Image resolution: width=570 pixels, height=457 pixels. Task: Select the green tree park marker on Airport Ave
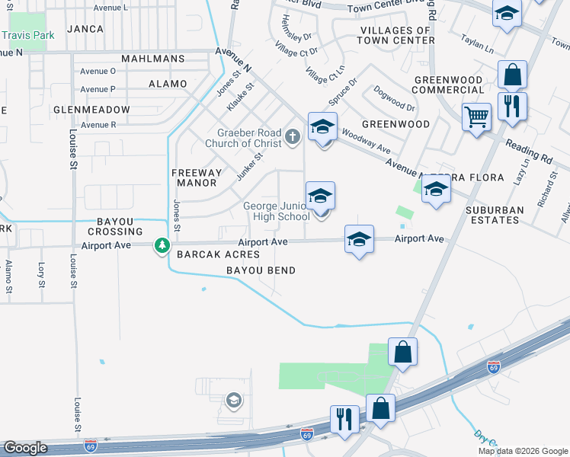point(162,245)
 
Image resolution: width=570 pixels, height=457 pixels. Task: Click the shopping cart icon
point(476,117)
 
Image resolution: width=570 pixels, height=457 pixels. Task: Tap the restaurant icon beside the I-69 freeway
point(344,417)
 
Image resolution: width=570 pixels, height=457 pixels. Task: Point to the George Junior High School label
point(276,211)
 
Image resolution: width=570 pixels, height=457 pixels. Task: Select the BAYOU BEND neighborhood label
point(261,270)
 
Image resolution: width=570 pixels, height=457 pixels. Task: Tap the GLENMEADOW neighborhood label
point(91,110)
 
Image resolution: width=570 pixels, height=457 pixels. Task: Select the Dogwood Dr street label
point(394,97)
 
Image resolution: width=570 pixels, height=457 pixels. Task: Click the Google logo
point(25,448)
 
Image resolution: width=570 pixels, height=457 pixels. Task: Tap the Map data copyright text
point(522,451)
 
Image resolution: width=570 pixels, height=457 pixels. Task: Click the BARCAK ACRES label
point(219,254)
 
